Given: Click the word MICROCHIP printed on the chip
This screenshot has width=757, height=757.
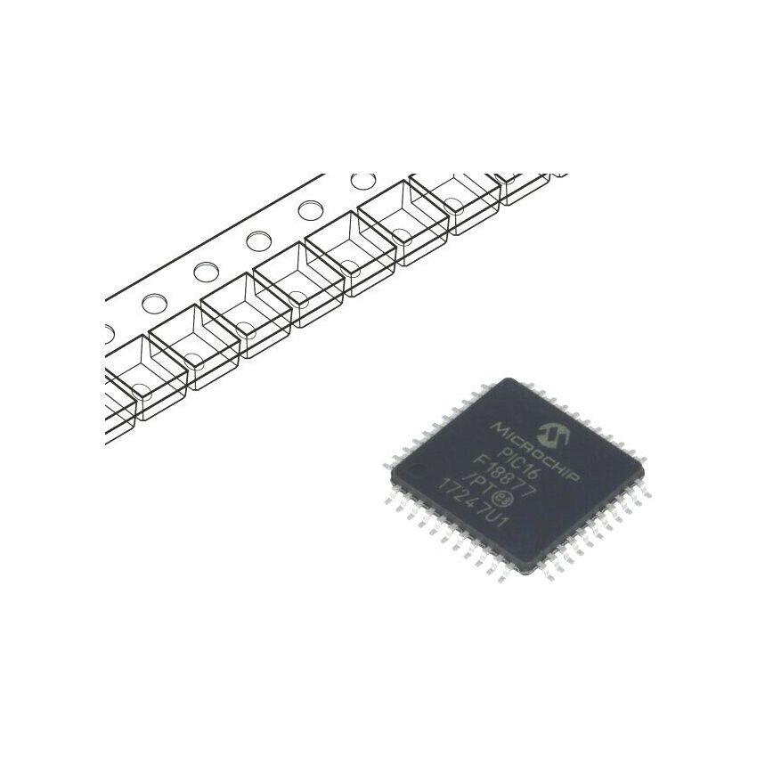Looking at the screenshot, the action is pos(535,452).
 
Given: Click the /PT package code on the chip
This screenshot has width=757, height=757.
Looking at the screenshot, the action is pos(477,485).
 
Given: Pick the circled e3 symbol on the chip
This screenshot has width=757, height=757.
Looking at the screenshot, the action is pos(498,497).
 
